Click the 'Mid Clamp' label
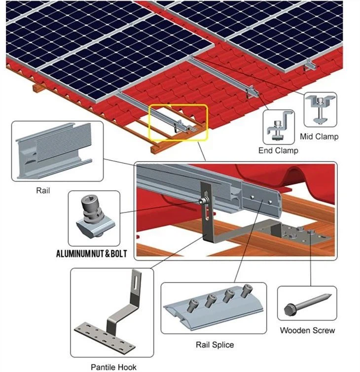[x=320, y=136]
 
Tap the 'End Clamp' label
[x=278, y=150]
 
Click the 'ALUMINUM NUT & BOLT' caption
[x=91, y=254]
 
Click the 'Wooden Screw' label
[x=307, y=330]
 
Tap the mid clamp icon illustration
[x=320, y=110]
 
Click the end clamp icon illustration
[x=278, y=127]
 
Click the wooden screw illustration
[x=307, y=304]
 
